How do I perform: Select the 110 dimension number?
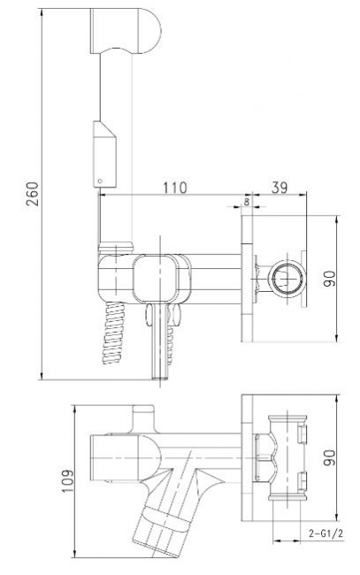(x=177, y=188)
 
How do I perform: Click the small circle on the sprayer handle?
(x=100, y=180)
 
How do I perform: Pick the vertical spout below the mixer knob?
(x=158, y=341)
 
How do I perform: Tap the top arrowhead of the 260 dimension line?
(x=42, y=13)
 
